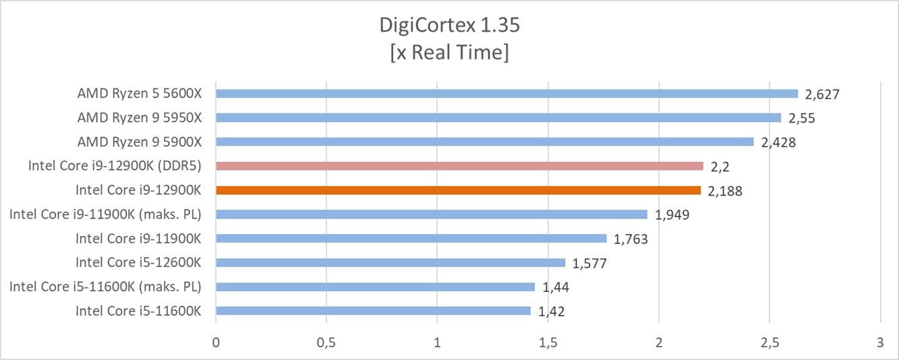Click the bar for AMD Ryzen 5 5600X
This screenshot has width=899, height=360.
(x=506, y=94)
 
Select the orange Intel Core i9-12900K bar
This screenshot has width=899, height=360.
(x=458, y=190)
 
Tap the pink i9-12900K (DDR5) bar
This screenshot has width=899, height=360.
(x=459, y=166)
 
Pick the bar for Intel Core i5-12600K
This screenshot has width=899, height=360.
(x=390, y=263)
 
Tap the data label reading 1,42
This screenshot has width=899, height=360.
(x=552, y=311)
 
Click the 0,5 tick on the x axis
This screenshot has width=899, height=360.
(x=326, y=342)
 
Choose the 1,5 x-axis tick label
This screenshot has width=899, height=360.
(x=548, y=342)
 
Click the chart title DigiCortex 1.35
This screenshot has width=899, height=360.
(x=449, y=26)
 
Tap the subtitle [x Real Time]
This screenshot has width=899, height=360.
(x=449, y=53)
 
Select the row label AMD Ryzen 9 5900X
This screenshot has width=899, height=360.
(x=140, y=142)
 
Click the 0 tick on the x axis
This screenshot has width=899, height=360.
(x=216, y=342)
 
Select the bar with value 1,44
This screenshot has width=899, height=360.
(x=375, y=287)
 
